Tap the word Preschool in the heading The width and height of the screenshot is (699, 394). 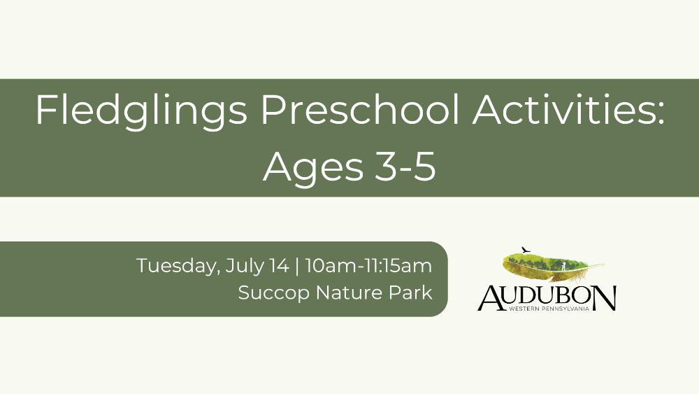pyautogui.click(x=360, y=110)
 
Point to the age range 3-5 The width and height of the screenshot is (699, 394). pyautogui.click(x=405, y=167)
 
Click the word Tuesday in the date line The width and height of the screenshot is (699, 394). pyautogui.click(x=178, y=267)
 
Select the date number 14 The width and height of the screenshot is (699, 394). pyautogui.click(x=279, y=266)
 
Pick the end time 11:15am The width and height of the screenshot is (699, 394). pyautogui.click(x=398, y=266)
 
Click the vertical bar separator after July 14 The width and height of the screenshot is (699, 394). pyautogui.click(x=297, y=267)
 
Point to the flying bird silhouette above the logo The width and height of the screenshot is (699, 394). pyautogui.click(x=526, y=249)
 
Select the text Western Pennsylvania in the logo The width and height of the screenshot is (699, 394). pyautogui.click(x=549, y=309)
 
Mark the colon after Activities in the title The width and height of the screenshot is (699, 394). pyautogui.click(x=661, y=113)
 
